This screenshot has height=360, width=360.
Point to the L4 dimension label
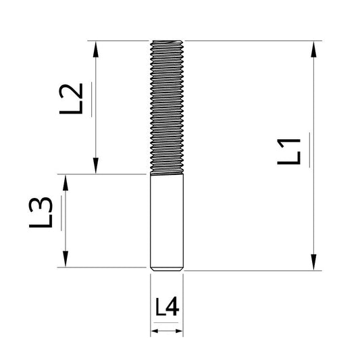point(166,308)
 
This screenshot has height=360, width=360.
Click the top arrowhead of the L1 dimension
point(314,48)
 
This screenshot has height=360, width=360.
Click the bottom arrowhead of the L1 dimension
point(314,263)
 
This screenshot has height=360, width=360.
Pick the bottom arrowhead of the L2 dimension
point(98,166)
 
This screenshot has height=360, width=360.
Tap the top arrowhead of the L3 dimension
point(66,182)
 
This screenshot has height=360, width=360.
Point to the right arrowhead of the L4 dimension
point(178,332)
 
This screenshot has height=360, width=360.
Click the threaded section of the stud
point(166,108)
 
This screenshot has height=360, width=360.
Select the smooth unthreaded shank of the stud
point(166,220)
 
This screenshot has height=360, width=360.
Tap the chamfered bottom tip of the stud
point(166,269)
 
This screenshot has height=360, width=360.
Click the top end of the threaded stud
point(166,43)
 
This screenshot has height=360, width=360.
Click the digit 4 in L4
point(172,308)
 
